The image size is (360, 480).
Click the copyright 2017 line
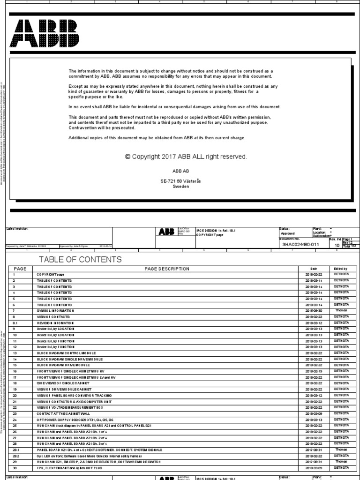(186, 157)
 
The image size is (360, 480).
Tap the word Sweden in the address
(180, 186)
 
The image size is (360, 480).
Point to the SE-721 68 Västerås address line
(180, 180)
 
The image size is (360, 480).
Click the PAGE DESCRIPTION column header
(167, 269)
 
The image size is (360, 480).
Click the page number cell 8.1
(15, 323)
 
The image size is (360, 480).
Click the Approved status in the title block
(287, 233)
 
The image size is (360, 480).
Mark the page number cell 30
(15, 467)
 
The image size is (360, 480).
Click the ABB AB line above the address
(180, 172)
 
